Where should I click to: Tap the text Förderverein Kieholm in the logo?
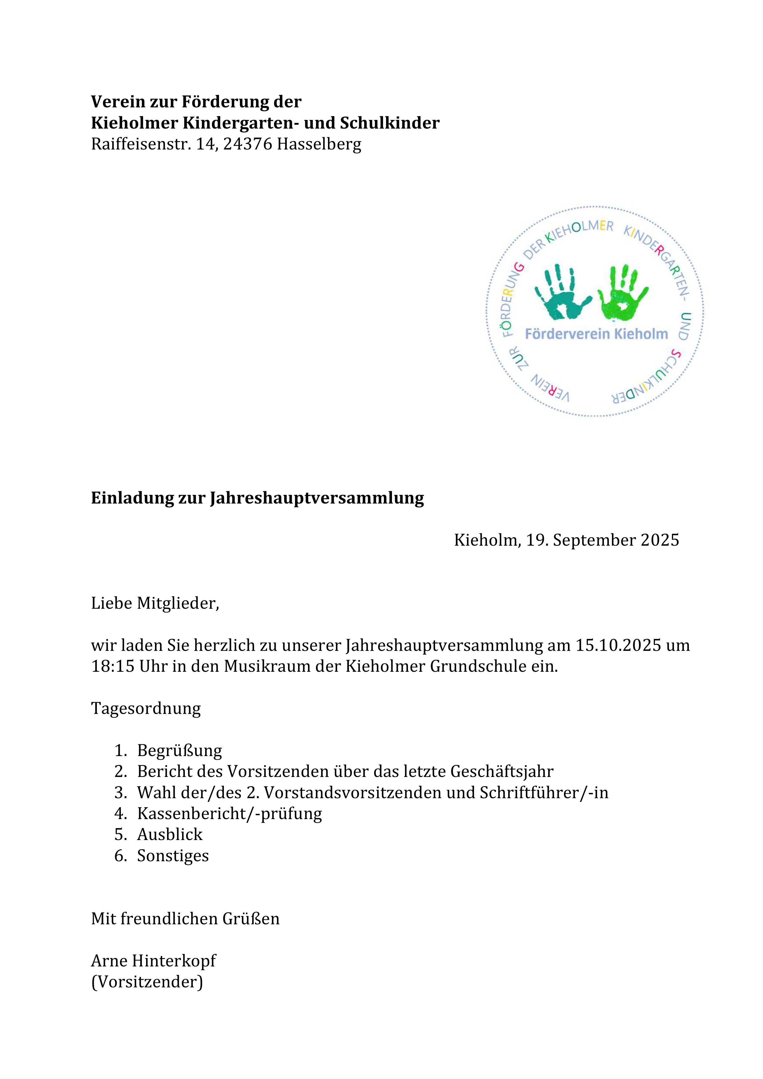596,334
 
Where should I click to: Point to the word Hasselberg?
319,144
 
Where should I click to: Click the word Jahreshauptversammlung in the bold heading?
316,498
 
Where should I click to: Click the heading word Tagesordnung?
146,708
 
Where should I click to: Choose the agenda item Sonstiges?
173,856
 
